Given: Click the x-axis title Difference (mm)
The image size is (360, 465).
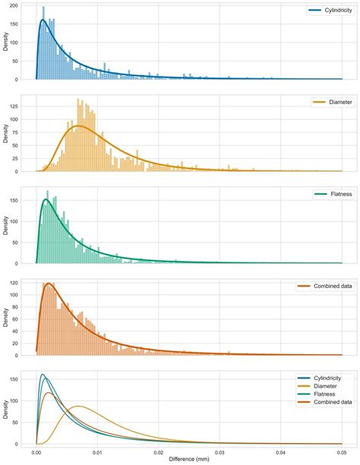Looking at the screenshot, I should pyautogui.click(x=189, y=459).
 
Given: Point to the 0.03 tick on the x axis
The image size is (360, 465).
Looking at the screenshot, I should pyautogui.click(x=219, y=451).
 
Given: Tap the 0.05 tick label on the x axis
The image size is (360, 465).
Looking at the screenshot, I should pyautogui.click(x=342, y=451).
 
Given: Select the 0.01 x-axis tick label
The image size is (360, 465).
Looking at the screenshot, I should pyautogui.click(x=97, y=451).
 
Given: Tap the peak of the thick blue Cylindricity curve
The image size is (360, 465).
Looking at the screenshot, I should pyautogui.click(x=43, y=21).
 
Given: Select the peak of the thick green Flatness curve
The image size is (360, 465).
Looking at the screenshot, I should pyautogui.click(x=46, y=200).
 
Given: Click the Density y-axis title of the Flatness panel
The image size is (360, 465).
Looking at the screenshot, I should pyautogui.click(x=7, y=225).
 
